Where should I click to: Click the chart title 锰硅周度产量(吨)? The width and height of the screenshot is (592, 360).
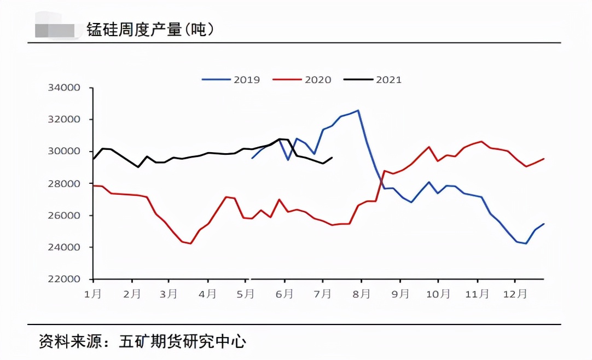[x=150, y=30]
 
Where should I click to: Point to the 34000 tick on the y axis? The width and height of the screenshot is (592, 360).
[x=65, y=88]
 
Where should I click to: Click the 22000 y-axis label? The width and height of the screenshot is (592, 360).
[x=65, y=280]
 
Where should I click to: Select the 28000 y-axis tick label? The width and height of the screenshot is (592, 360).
[x=65, y=184]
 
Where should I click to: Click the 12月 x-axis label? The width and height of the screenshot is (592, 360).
[x=515, y=294]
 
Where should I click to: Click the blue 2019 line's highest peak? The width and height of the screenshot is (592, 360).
[x=358, y=111]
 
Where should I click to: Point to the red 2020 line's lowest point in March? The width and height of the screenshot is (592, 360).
[x=190, y=243]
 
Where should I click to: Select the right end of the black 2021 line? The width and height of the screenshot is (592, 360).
[x=332, y=158]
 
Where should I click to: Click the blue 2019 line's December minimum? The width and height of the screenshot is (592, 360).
[x=526, y=243]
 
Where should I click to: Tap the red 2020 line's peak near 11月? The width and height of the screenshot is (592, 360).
[x=481, y=141]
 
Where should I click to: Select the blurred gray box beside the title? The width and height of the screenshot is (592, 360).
[x=55, y=30]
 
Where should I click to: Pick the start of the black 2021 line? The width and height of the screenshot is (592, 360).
[x=94, y=159]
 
